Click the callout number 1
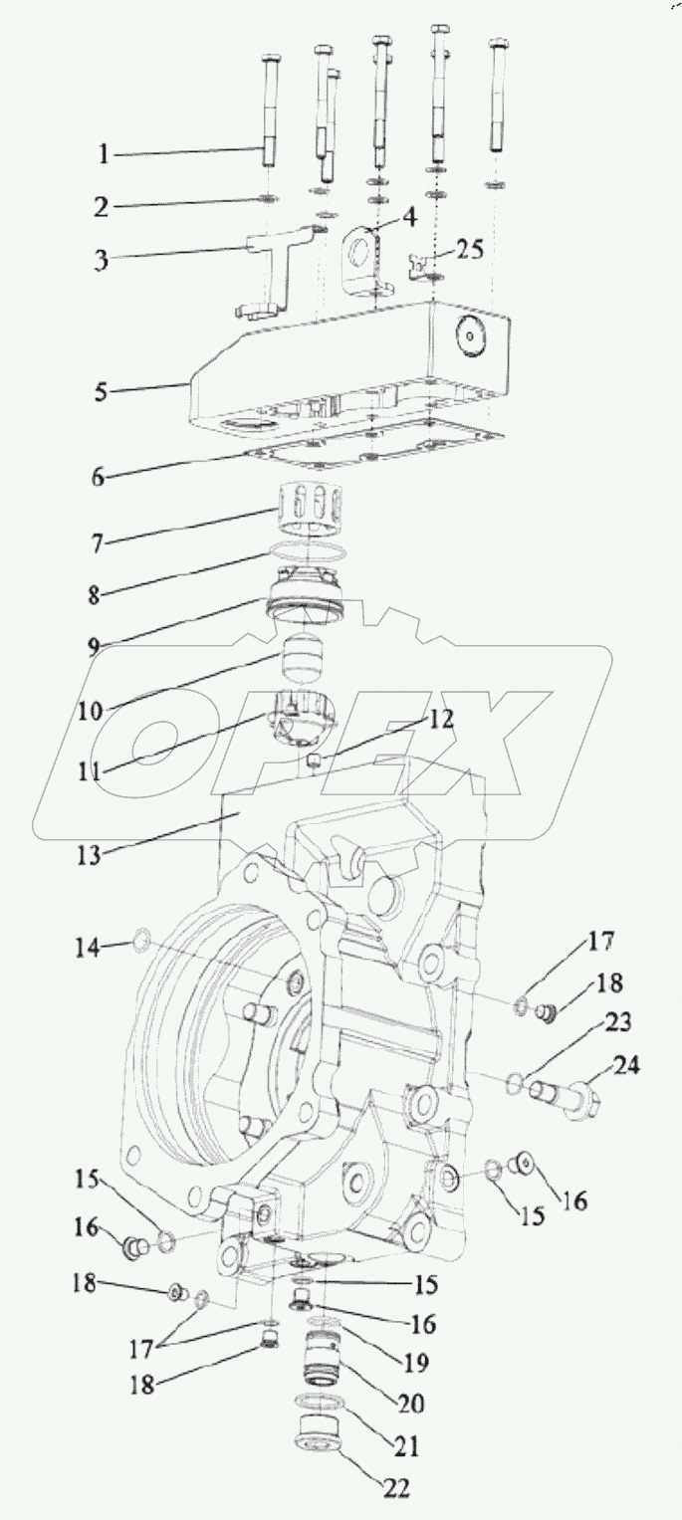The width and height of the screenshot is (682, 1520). pyautogui.click(x=104, y=154)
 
